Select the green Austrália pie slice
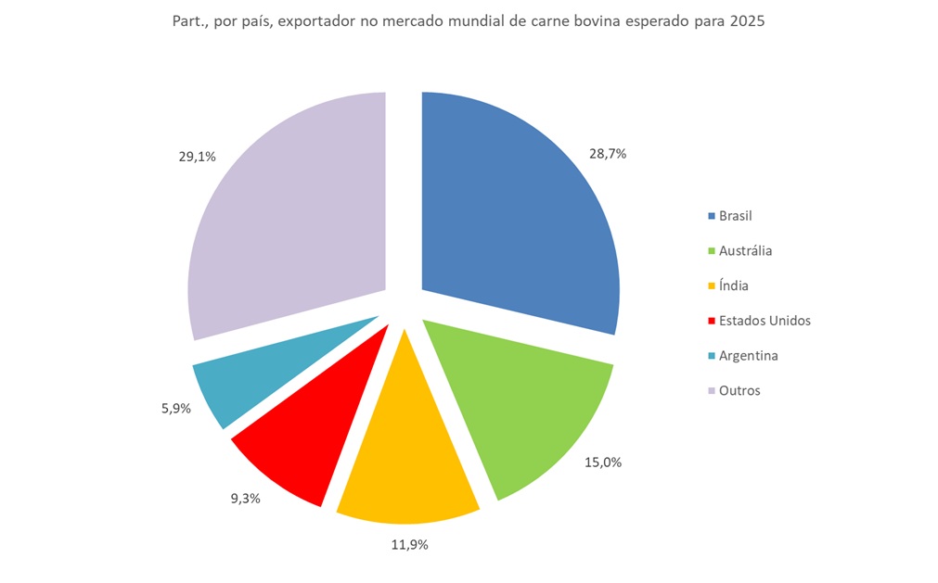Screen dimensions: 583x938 pos(520,408)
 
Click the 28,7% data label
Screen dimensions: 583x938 pos(608,154)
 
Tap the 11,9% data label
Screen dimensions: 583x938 pos(408,545)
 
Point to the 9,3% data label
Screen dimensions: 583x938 pos(245,498)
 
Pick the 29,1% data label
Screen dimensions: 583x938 pos(197,157)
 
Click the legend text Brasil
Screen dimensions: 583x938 pos(735,216)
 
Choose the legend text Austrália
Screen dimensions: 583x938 pos(745,250)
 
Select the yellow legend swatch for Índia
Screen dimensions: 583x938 pos(712,286)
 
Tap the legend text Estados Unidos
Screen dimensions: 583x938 pos(765,321)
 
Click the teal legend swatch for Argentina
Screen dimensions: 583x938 pos(712,356)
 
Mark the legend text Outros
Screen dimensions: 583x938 pos(739,390)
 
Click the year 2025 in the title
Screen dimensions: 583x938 pos(747,21)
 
